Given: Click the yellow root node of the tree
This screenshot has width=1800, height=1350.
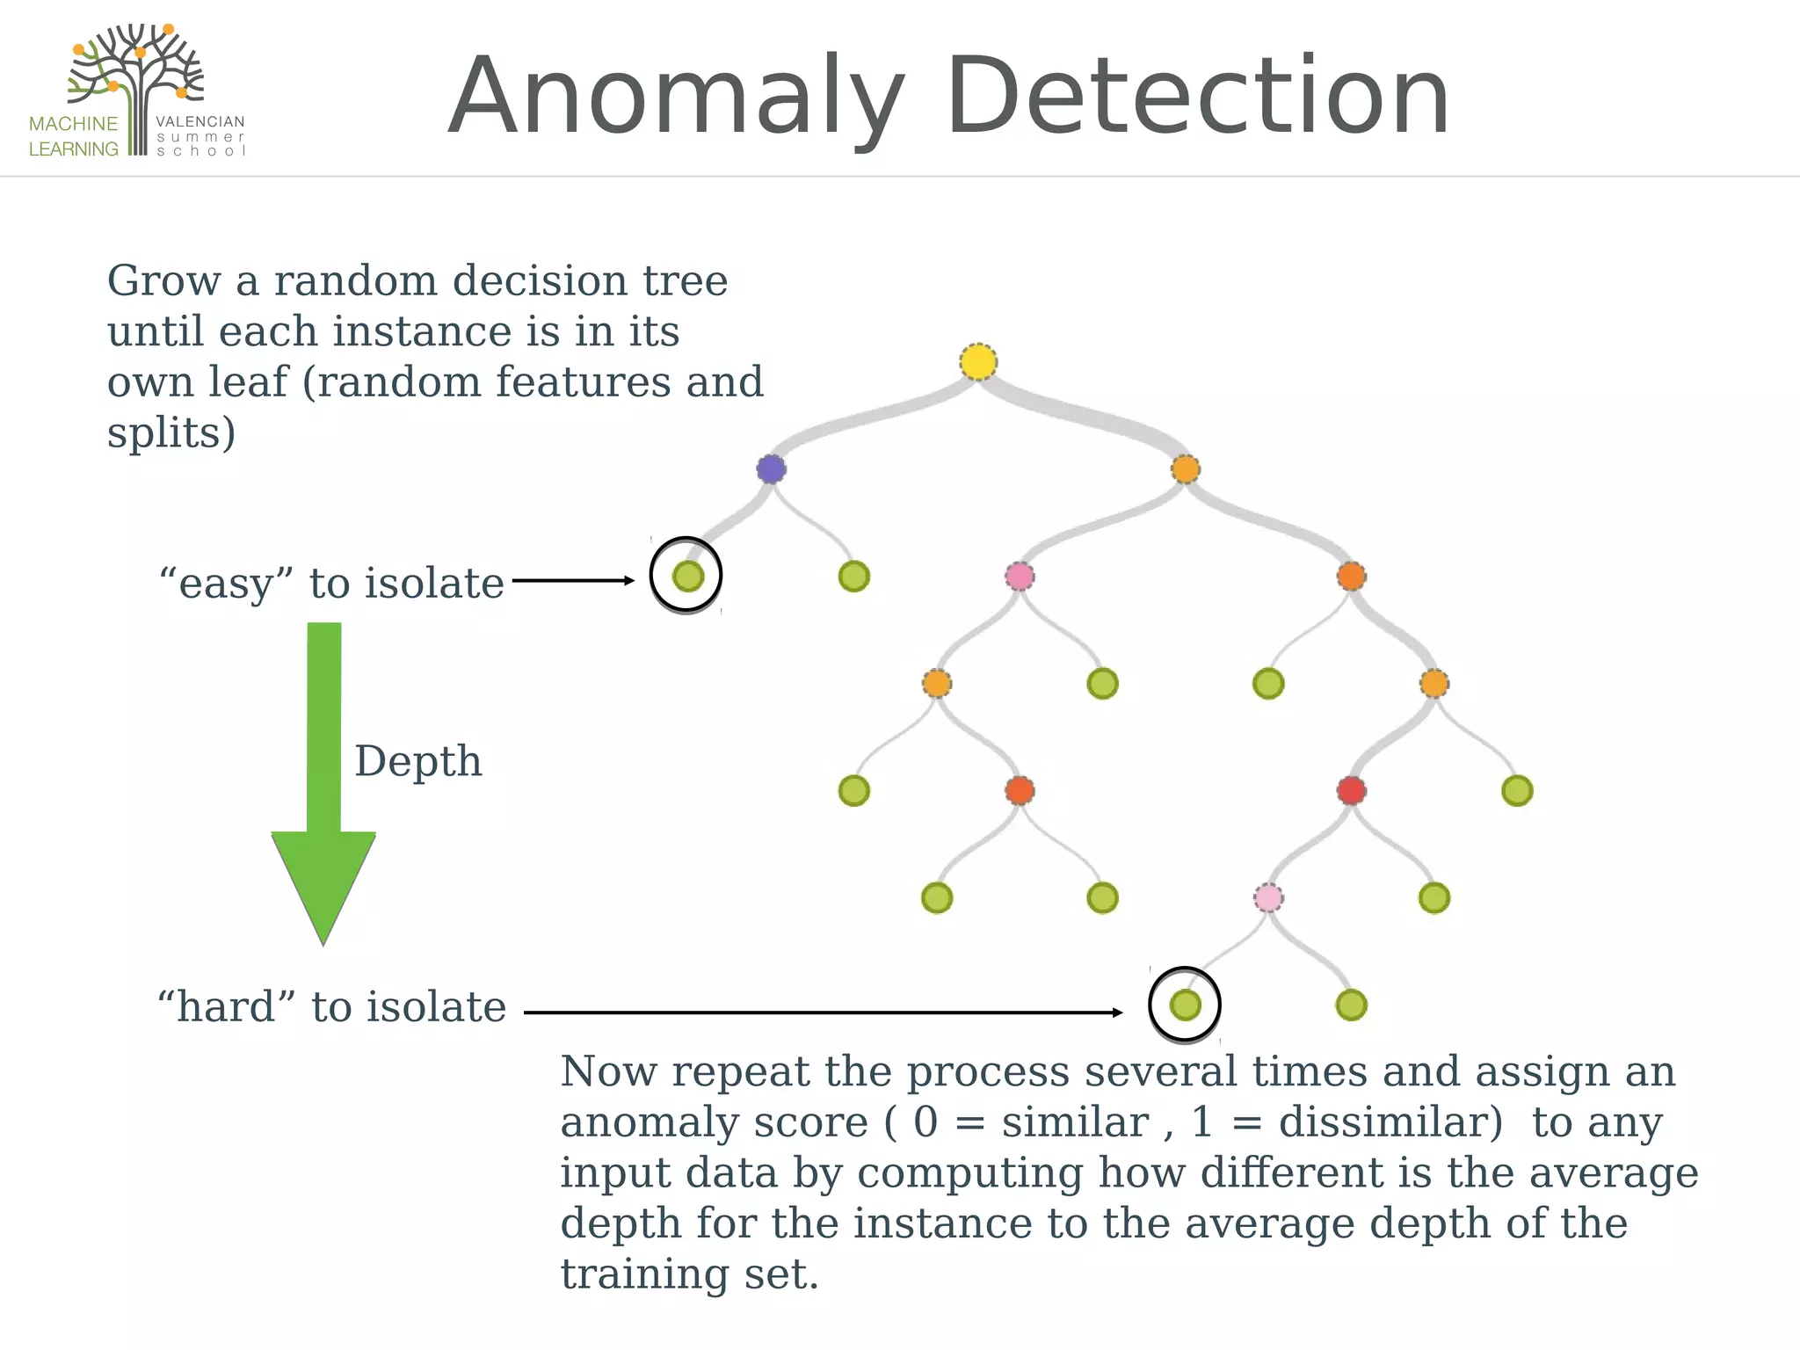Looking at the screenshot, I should pyautogui.click(x=978, y=362).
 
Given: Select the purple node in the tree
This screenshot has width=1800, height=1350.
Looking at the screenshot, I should pyautogui.click(x=771, y=469).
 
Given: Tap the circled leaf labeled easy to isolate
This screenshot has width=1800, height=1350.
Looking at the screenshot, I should pyautogui.click(x=687, y=577).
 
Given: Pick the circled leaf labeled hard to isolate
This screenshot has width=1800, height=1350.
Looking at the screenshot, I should pyautogui.click(x=1185, y=1005).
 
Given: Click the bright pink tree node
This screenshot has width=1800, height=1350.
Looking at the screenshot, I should pyautogui.click(x=1020, y=577).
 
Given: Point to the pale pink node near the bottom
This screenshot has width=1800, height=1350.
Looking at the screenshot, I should pyautogui.click(x=1267, y=897).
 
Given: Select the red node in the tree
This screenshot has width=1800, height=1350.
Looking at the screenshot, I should pyautogui.click(x=1351, y=790).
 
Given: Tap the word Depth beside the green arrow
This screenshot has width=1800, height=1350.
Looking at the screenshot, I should pyautogui.click(x=418, y=761).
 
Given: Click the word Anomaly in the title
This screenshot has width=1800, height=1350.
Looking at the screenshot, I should pyautogui.click(x=677, y=97).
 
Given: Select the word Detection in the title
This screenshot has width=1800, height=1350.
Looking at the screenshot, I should pyautogui.click(x=1197, y=97).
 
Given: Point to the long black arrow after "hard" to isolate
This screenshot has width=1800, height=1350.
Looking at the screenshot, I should pyautogui.click(x=823, y=1012).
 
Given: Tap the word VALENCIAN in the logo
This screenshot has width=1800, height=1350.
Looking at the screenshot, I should pyautogui.click(x=200, y=122).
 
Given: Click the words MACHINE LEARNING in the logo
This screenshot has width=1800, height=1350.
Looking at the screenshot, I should pyautogui.click(x=74, y=136).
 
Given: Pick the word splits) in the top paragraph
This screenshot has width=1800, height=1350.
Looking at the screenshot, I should pyautogui.click(x=171, y=433).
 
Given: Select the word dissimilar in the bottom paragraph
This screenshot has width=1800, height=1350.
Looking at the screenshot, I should pyautogui.click(x=1390, y=1122).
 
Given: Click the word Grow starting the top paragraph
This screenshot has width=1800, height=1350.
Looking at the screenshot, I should pyautogui.click(x=164, y=281).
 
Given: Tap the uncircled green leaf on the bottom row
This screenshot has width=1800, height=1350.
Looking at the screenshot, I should pyautogui.click(x=1351, y=1005).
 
